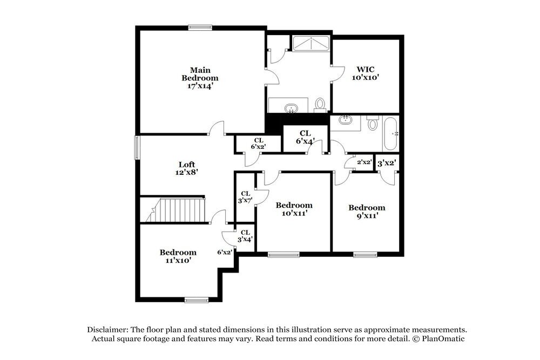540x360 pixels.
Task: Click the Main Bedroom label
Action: (x=200, y=78)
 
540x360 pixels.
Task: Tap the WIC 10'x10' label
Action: (x=366, y=73)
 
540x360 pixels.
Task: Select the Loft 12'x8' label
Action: (x=187, y=168)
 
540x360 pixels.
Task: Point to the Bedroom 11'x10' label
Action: (x=178, y=256)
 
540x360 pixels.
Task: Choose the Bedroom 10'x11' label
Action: (x=294, y=209)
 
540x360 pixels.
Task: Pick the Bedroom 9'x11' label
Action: (x=367, y=211)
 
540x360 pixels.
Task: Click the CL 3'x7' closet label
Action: (x=245, y=197)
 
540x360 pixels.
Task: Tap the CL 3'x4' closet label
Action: (x=245, y=236)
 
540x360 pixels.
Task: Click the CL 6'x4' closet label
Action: (x=306, y=137)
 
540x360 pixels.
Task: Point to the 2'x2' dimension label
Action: (x=364, y=162)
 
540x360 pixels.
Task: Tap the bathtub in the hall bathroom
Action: (x=390, y=133)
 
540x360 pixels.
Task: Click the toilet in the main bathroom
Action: (x=320, y=104)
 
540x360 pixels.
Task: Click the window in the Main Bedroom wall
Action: (x=200, y=26)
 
